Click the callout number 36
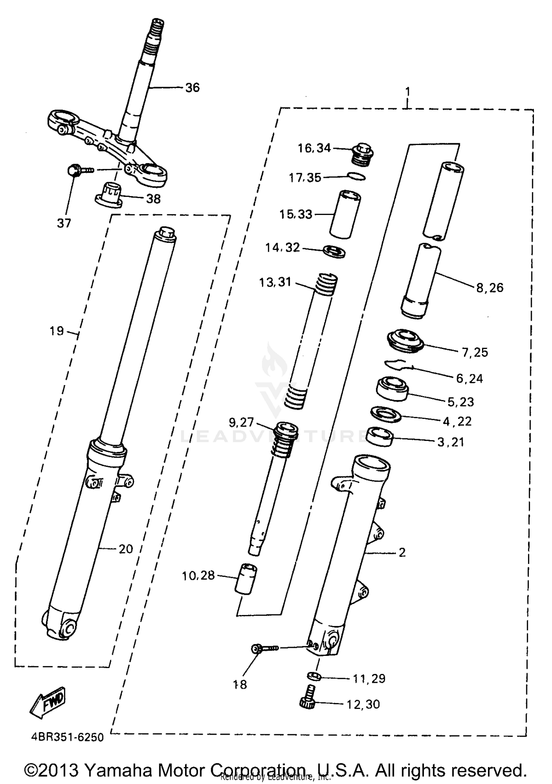tap(192, 88)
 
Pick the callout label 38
tap(153, 199)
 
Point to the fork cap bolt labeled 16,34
tap(363, 154)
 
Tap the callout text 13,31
tap(275, 283)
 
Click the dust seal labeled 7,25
tap(405, 341)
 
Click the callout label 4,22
tap(457, 421)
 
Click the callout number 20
tap(125, 549)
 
